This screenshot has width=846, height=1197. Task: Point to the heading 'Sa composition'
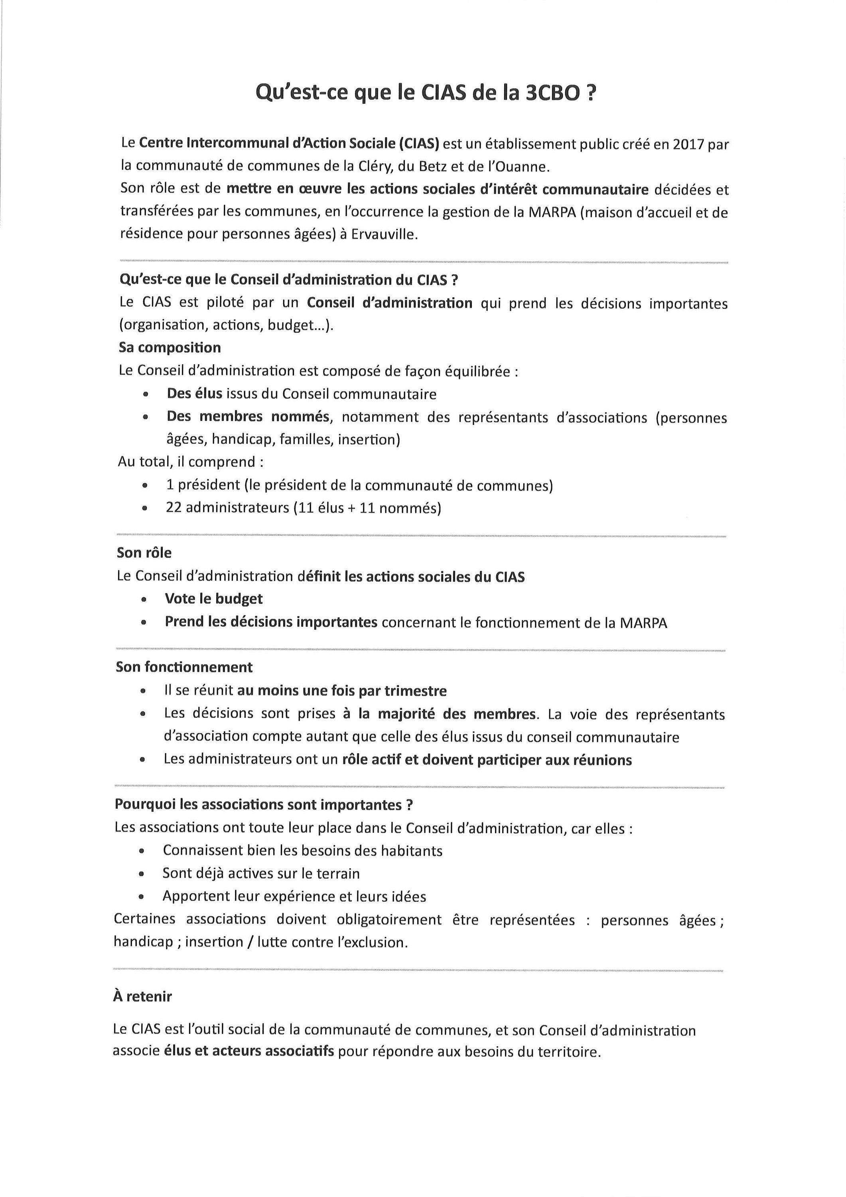(170, 348)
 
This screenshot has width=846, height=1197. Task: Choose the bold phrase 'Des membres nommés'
(248, 417)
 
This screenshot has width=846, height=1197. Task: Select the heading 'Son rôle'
(144, 553)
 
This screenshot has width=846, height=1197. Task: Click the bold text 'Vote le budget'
(214, 598)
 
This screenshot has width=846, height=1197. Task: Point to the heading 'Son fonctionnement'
(184, 667)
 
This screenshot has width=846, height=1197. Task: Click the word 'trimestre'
(416, 691)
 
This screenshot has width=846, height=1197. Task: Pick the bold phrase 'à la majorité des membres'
(439, 714)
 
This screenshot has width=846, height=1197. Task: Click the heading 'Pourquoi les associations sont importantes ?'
(264, 804)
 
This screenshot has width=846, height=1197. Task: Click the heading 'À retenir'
(142, 997)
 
